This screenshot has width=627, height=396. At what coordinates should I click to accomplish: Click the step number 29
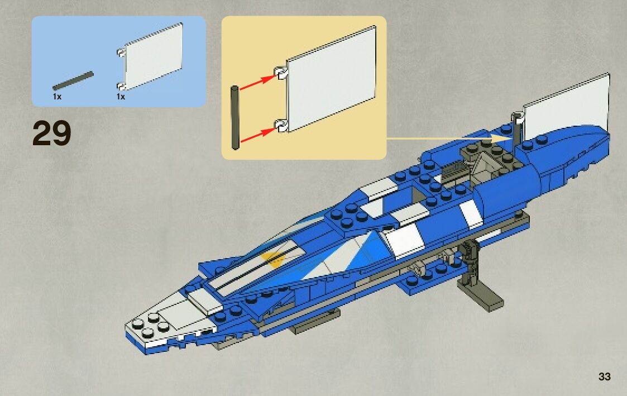52,134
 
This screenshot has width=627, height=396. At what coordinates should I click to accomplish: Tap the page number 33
604,376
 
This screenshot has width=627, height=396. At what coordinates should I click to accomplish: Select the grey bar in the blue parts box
73,81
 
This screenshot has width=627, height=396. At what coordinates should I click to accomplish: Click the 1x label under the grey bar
57,97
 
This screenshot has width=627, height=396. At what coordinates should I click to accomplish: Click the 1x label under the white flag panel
121,97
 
